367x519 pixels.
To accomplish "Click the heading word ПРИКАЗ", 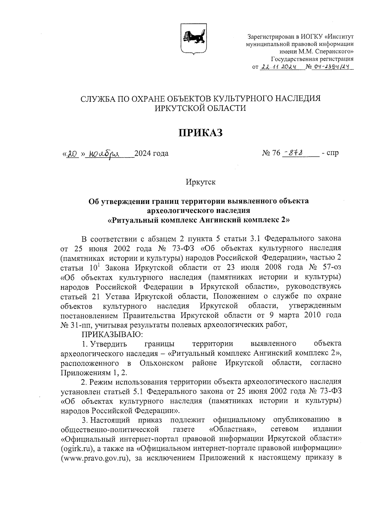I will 200,132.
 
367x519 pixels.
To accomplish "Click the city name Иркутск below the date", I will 200,182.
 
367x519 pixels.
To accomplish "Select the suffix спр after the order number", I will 333,153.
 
